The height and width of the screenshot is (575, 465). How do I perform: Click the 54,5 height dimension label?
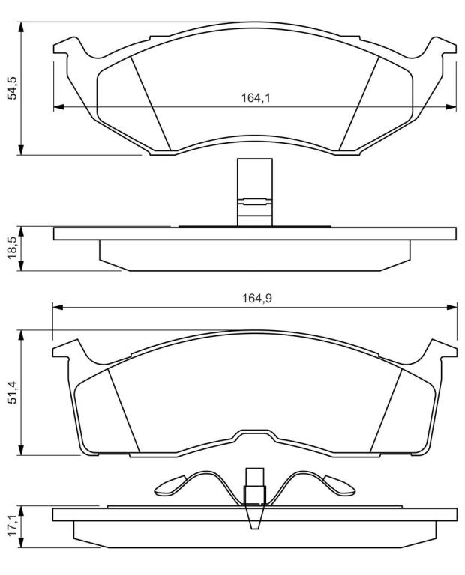tap(13, 88)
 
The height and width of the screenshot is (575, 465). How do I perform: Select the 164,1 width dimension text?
tap(256, 98)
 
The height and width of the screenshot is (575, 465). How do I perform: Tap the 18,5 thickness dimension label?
tap(13, 249)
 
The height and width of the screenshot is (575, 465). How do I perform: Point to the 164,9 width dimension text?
tap(256, 299)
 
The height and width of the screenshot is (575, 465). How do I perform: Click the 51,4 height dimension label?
tap(13, 392)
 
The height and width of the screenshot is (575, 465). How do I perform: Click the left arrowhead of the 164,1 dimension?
tap(58, 107)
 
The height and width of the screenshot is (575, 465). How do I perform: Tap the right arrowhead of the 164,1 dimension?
tap(451, 107)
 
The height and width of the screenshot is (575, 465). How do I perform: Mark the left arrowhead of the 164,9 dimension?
tap(58, 307)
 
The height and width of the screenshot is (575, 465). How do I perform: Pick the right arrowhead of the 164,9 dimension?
tap(452, 307)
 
